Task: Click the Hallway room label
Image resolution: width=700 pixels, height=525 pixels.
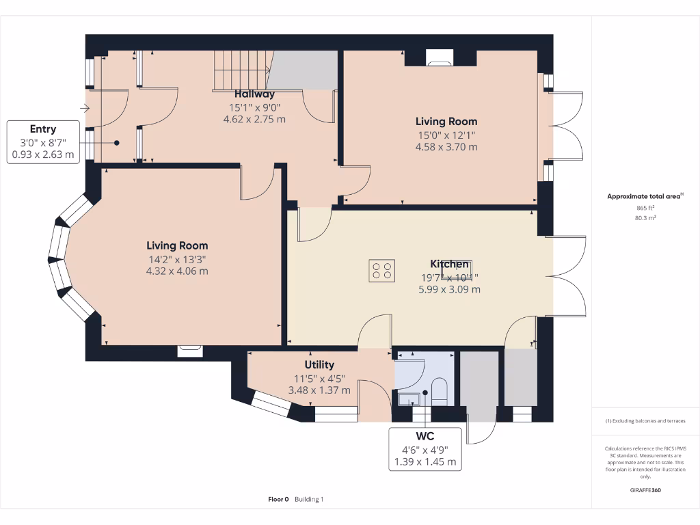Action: click(254, 94)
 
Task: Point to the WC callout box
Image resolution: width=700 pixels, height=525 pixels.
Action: click(425, 448)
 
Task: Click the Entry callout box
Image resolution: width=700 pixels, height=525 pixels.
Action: click(42, 142)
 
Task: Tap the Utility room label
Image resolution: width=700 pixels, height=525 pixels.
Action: click(319, 364)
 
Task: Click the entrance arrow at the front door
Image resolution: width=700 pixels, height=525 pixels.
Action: click(85, 108)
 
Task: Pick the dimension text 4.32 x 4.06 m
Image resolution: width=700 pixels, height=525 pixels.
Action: click(177, 271)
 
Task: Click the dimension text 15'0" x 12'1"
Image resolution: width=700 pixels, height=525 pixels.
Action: click(446, 135)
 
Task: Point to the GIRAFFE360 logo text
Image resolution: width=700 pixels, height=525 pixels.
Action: click(645, 490)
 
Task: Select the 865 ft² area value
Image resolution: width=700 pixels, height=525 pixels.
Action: click(645, 208)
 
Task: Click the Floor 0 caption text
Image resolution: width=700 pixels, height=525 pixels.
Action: click(278, 500)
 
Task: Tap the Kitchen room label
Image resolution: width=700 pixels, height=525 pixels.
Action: click(449, 264)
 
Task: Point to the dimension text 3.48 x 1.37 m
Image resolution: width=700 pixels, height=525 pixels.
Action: click(319, 390)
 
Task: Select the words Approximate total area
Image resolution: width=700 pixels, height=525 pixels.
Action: click(643, 196)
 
